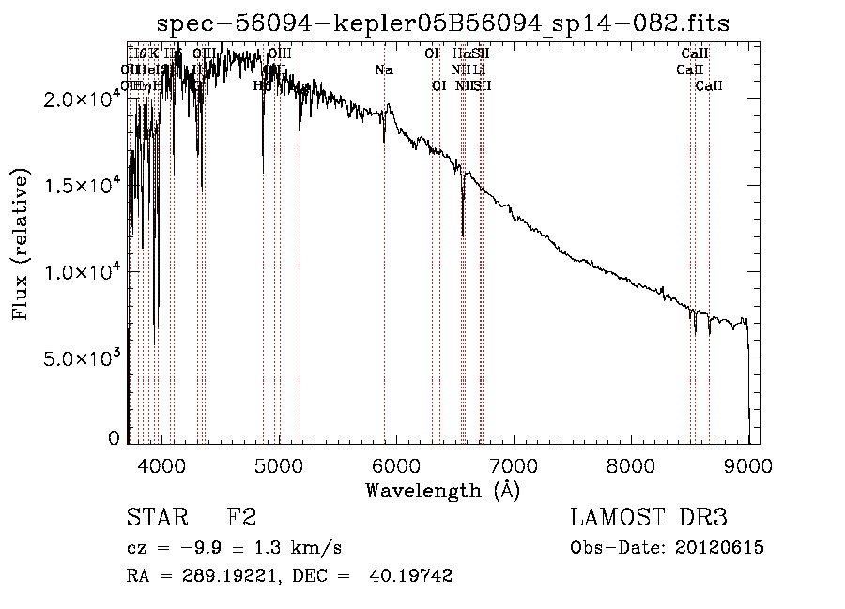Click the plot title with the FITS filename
[x=443, y=23]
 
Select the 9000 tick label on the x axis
[x=747, y=464]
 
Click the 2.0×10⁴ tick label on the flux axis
[x=82, y=99]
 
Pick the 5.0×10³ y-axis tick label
[x=82, y=358]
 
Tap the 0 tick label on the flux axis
[x=114, y=438]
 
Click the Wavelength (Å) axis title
[x=442, y=489]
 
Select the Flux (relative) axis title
[x=21, y=244]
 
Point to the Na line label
[x=383, y=69]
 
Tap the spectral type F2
[x=241, y=518]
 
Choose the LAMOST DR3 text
[x=649, y=518]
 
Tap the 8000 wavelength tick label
[x=630, y=464]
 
